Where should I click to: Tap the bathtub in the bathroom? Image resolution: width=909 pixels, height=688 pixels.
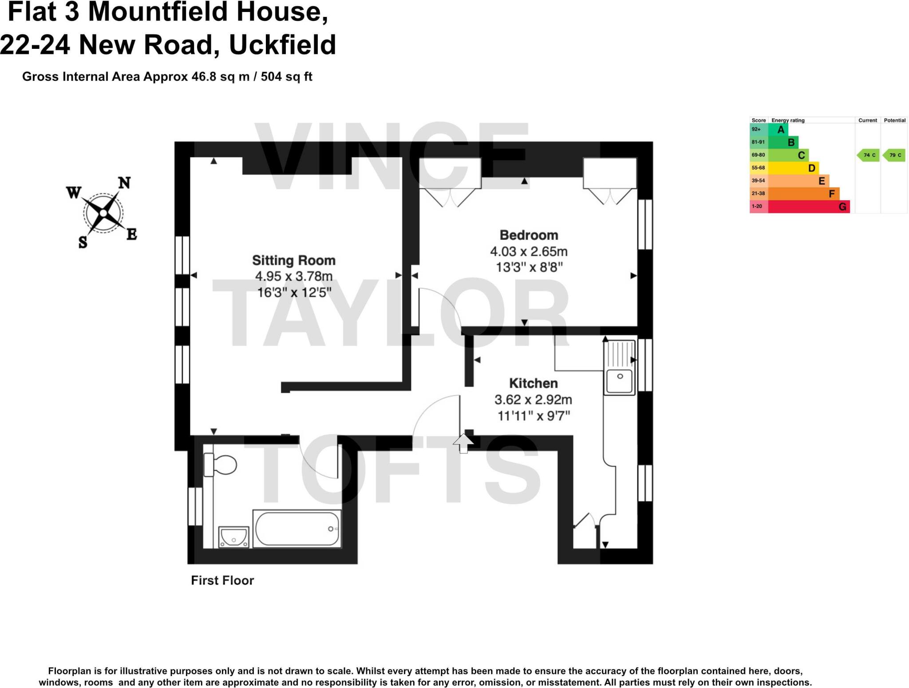(x=297, y=529)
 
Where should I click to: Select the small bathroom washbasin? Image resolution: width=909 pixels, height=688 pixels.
(x=234, y=537)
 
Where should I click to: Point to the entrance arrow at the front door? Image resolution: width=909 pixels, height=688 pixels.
(x=463, y=443)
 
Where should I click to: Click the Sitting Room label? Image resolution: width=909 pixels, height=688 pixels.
(x=293, y=260)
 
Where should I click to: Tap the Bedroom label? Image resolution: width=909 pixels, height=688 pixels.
(x=529, y=235)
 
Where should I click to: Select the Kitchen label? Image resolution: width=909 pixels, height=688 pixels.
(x=533, y=383)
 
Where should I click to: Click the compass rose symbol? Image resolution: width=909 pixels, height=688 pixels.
(x=103, y=213)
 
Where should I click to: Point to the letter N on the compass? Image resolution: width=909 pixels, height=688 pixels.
(x=124, y=183)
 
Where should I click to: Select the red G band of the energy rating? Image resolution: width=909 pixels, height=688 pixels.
(x=808, y=207)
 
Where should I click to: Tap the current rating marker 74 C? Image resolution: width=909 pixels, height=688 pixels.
(x=868, y=155)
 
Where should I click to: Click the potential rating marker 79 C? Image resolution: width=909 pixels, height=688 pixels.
(x=894, y=155)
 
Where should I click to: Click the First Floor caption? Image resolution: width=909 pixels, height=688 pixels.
(x=222, y=581)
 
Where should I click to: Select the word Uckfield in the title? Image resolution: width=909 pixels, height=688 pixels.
(x=282, y=45)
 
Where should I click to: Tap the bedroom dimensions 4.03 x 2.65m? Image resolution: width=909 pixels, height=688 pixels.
(x=529, y=251)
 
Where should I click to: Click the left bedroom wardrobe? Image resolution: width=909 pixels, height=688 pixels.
(x=450, y=173)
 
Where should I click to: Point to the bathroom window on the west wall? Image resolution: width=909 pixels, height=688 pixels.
(x=195, y=506)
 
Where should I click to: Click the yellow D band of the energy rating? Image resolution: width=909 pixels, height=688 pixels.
(x=793, y=168)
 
